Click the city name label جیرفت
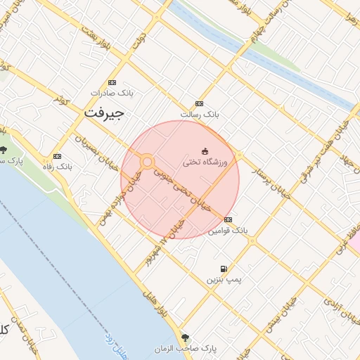103,112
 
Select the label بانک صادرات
112,92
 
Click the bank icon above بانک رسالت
199,103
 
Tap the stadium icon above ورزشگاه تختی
205,151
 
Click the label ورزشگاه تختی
206,162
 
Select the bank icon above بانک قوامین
227,219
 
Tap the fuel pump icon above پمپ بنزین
224,269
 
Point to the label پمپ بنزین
223,279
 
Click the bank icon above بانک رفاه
57,156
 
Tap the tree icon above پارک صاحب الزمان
186,337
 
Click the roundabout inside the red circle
147,162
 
